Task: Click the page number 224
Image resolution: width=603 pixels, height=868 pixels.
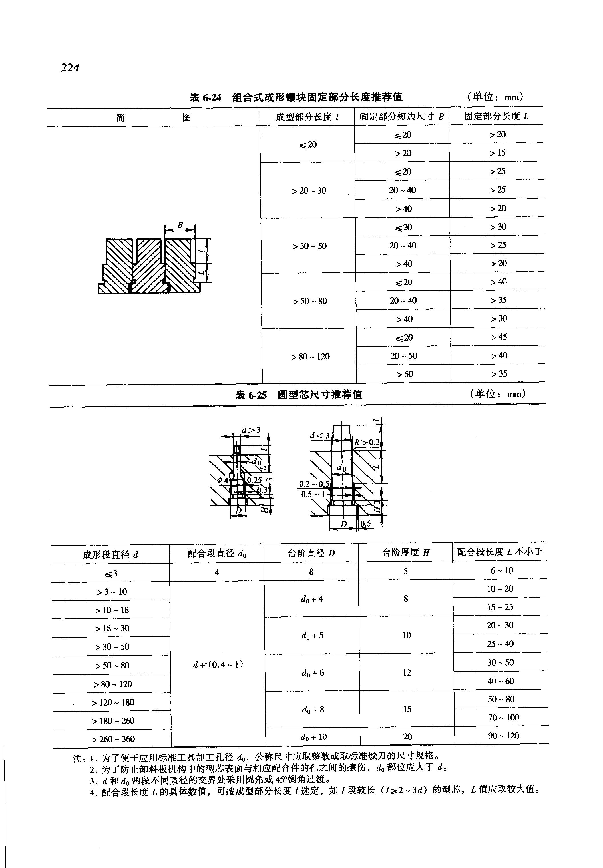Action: (x=70, y=68)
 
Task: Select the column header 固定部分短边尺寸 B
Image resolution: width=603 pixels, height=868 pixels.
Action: (x=401, y=116)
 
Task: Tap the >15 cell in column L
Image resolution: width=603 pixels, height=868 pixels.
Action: (x=497, y=153)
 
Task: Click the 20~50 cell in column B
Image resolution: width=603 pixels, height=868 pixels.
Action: (x=403, y=355)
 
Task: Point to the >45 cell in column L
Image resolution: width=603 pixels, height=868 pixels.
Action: (x=499, y=337)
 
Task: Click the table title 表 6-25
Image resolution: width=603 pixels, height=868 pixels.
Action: (x=251, y=395)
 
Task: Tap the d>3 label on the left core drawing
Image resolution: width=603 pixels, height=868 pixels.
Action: (x=251, y=430)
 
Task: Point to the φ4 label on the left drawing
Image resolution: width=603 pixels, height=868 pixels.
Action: (x=222, y=480)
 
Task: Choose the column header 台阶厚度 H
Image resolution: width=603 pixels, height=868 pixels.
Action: (x=405, y=553)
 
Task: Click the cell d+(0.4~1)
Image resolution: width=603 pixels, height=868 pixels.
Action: (x=218, y=664)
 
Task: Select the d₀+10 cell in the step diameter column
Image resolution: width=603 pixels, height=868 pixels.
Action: (x=313, y=736)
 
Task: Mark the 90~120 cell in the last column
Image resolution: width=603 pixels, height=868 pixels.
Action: (x=503, y=735)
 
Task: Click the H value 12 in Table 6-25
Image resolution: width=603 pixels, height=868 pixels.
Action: (x=407, y=672)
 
